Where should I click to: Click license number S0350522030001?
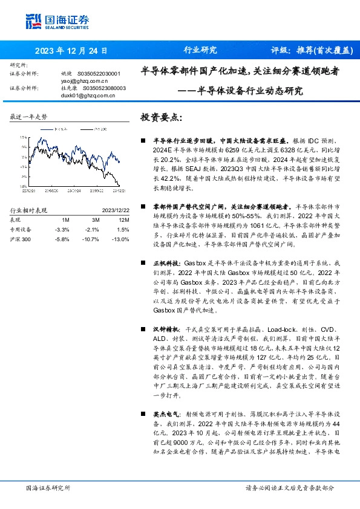pyautogui.click(x=103, y=73)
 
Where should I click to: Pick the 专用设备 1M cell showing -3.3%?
pyautogui.click(x=62, y=230)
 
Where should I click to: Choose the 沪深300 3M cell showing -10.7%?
pyautogui.click(x=91, y=240)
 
